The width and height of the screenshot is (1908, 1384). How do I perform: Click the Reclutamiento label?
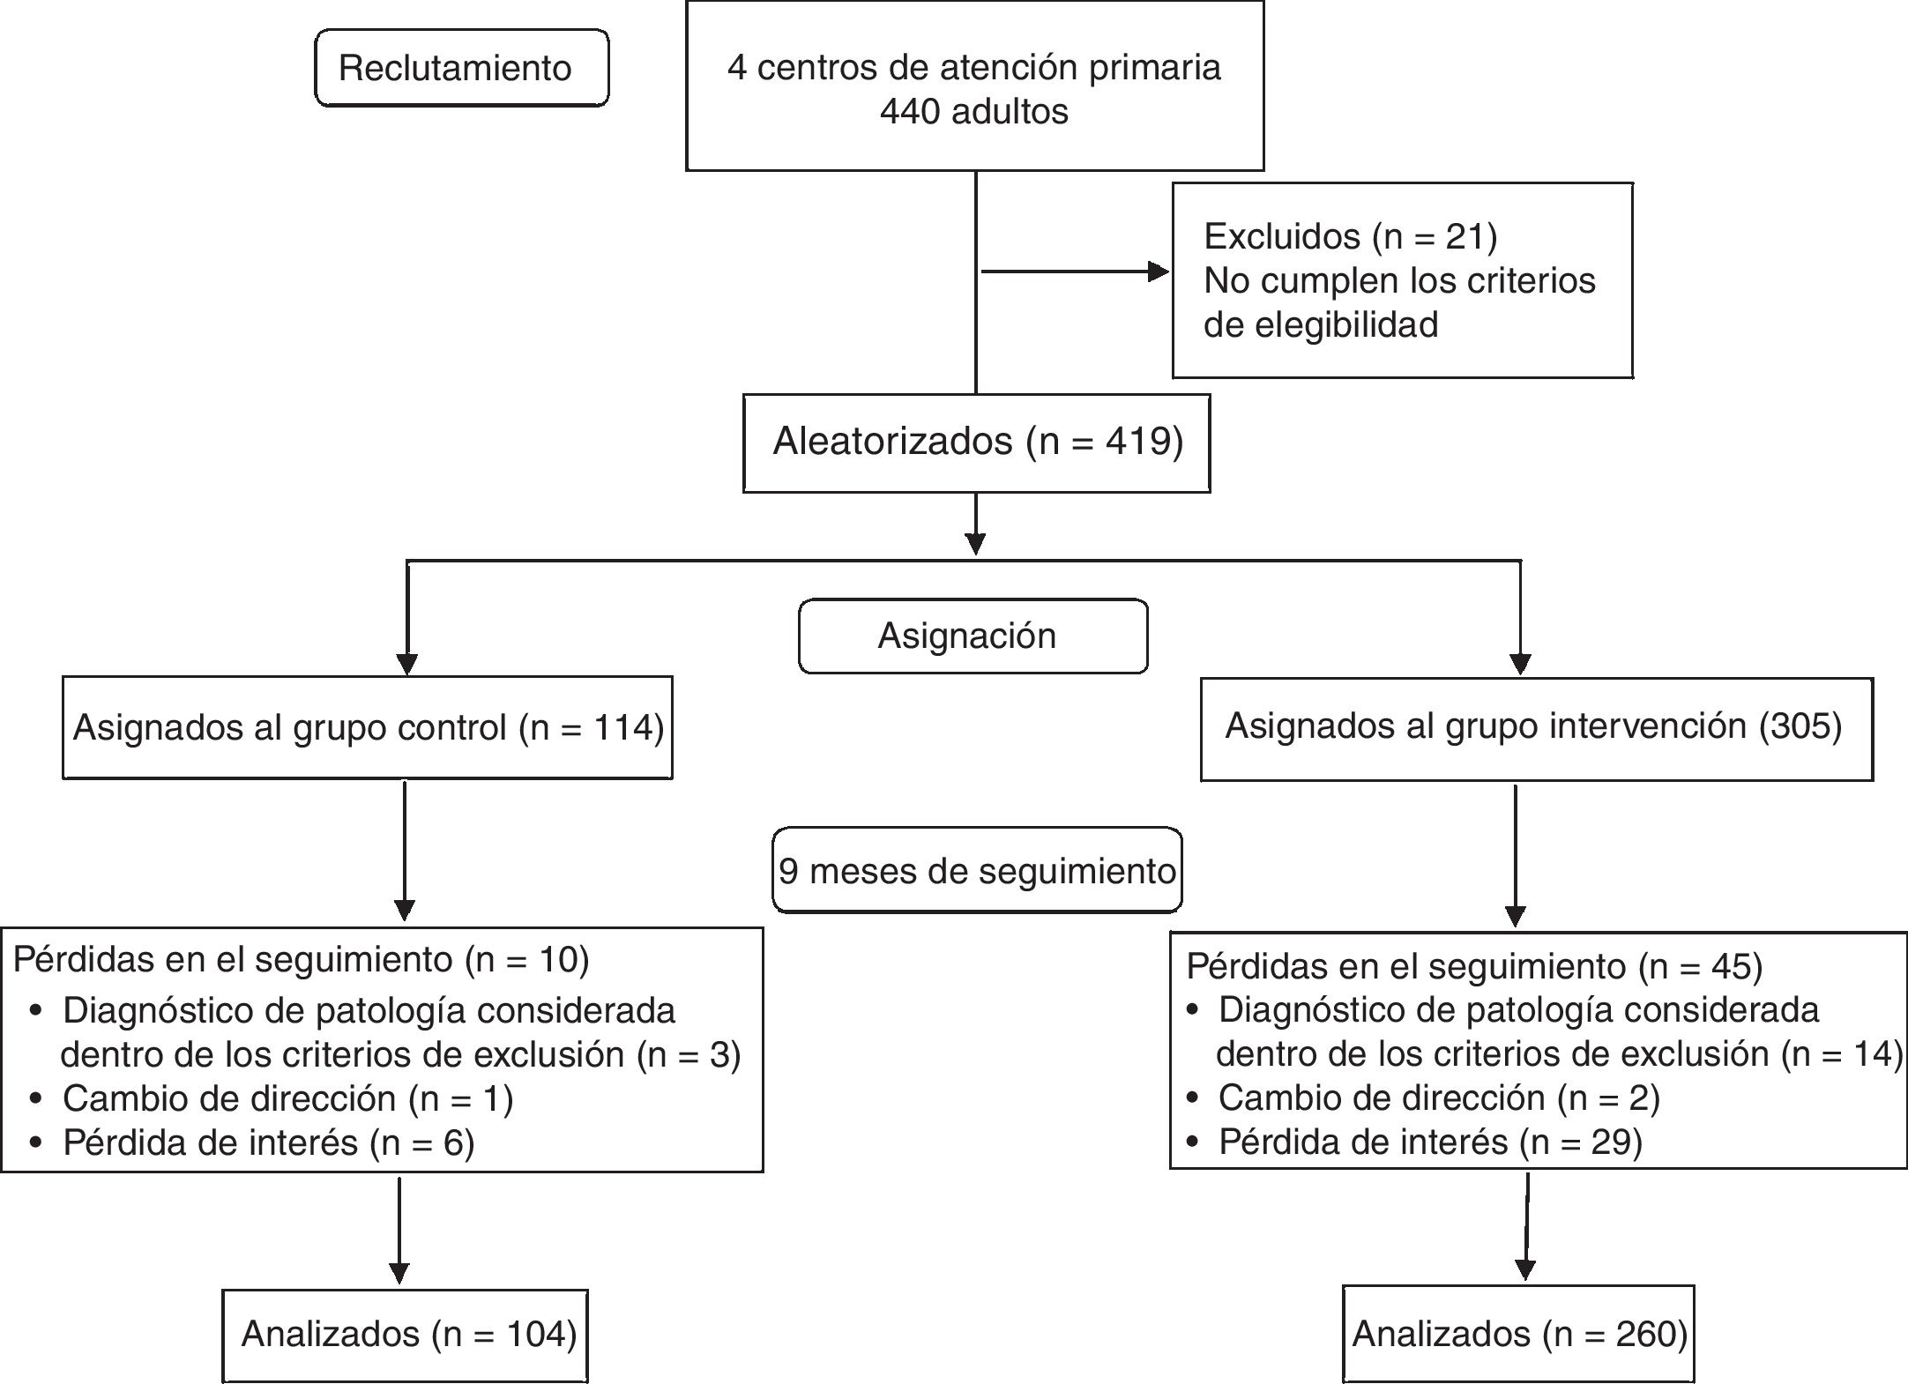click(x=455, y=68)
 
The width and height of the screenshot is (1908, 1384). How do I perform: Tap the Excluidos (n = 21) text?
click(x=1350, y=236)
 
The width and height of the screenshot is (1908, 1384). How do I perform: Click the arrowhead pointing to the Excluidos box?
click(x=1159, y=272)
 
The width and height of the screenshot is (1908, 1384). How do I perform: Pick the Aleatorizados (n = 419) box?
click(x=976, y=442)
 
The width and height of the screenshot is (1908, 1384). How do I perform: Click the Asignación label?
click(x=967, y=636)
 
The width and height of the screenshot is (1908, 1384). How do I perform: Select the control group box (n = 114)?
click(x=368, y=727)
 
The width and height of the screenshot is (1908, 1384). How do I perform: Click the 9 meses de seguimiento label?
click(x=977, y=871)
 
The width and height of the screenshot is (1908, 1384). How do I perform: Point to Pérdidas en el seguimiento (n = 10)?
click(x=301, y=959)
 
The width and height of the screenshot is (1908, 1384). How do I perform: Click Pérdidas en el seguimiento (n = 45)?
click(x=1474, y=966)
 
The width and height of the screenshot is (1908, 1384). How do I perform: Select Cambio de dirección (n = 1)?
click(x=287, y=1098)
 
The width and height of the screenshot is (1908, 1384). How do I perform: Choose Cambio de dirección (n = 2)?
click(x=1439, y=1098)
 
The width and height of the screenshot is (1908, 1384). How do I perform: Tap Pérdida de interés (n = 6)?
click(x=268, y=1142)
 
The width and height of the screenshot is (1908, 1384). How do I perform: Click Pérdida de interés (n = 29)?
click(x=1430, y=1142)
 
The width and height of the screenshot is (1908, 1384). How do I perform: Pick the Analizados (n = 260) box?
click(x=1519, y=1334)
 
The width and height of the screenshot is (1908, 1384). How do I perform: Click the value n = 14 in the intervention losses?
click(x=1841, y=1054)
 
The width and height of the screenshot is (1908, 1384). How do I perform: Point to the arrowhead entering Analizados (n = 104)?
click(x=399, y=1273)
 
